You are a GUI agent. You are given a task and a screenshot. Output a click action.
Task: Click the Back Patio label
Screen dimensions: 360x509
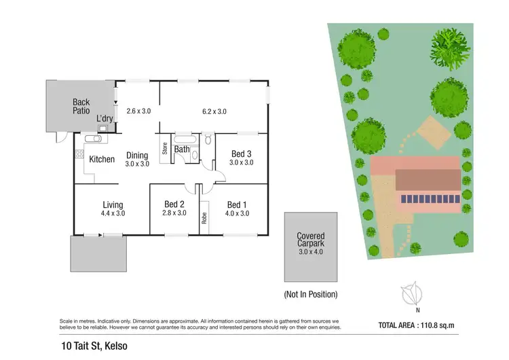click(x=81, y=107)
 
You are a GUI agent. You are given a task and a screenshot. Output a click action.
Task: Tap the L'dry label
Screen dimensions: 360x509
click(x=105, y=119)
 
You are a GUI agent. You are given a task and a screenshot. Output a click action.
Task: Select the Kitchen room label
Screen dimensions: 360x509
click(x=102, y=159)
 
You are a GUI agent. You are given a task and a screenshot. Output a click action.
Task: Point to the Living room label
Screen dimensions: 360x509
click(x=112, y=204)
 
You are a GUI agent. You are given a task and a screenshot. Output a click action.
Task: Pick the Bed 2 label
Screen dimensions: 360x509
click(x=174, y=204)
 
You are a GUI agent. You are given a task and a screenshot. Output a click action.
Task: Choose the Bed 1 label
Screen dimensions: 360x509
click(x=238, y=204)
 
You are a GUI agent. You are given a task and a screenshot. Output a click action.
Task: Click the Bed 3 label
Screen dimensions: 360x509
click(x=242, y=154)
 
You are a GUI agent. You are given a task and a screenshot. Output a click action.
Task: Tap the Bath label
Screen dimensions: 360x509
click(x=182, y=149)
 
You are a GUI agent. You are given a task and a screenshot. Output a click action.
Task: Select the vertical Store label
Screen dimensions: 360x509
click(x=164, y=147)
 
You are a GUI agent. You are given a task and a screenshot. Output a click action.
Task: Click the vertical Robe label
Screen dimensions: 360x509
click(x=204, y=218)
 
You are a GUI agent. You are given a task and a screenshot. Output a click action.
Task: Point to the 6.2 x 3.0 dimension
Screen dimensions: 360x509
click(x=214, y=111)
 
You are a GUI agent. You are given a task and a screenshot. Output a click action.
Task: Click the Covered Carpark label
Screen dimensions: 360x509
click(x=311, y=240)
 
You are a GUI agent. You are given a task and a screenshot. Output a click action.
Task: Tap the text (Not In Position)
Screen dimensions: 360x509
click(x=310, y=295)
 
